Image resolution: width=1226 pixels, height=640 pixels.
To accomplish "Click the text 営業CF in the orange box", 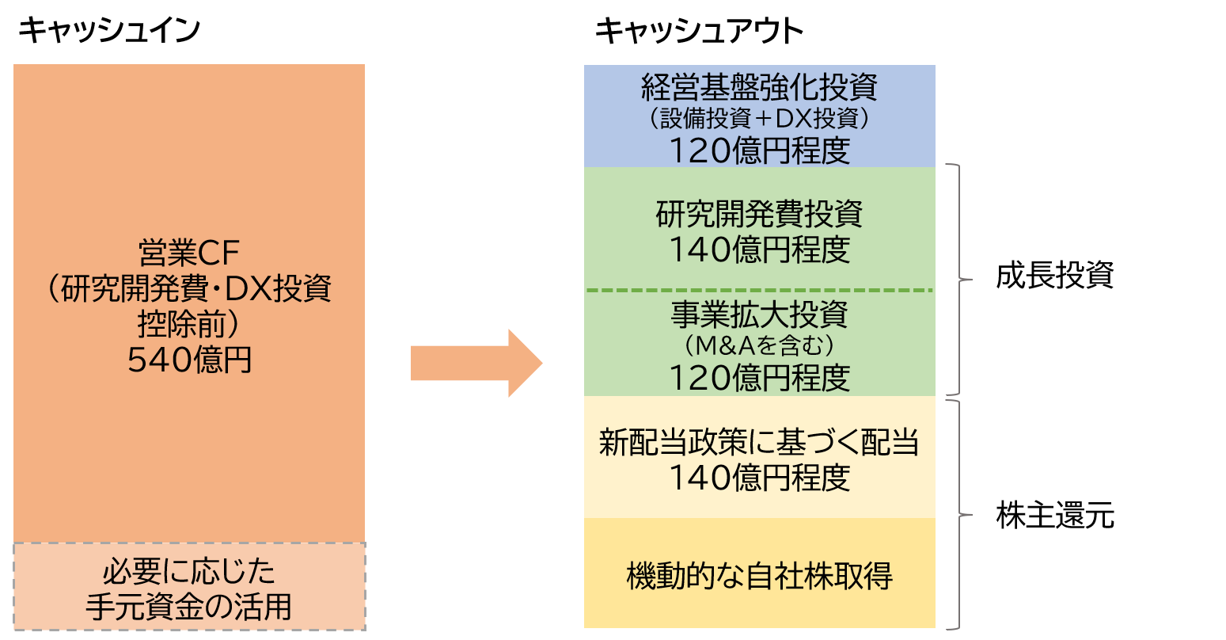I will tap(188, 255).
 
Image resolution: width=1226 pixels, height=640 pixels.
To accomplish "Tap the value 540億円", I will tap(189, 360).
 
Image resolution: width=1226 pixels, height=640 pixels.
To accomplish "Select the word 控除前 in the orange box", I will tap(188, 326).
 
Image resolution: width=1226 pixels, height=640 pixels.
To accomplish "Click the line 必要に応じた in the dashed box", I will tap(188, 573).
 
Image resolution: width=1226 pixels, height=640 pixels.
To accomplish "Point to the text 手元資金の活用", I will tap(188, 607).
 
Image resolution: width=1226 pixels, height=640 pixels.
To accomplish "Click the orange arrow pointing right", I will tap(476, 364).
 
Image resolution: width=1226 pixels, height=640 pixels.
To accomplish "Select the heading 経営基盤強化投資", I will tap(759, 87).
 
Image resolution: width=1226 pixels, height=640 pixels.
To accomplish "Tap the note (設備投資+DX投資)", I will tap(759, 119).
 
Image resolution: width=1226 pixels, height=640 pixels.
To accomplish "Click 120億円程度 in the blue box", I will tap(759, 150).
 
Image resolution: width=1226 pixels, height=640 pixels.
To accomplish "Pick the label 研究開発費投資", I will tap(759, 215).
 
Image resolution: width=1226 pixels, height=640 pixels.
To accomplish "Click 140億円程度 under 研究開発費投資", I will tap(759, 250).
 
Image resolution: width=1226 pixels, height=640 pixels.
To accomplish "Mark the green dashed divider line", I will tap(759, 291).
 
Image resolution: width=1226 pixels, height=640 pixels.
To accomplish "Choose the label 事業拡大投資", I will tap(759, 315).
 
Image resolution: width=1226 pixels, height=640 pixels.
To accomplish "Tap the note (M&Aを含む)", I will tap(759, 346).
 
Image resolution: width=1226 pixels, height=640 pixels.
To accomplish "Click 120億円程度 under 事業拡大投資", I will tap(759, 378).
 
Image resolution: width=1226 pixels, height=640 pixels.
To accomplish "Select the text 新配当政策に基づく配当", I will tap(759, 443).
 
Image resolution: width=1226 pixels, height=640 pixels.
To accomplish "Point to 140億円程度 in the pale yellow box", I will tap(759, 478).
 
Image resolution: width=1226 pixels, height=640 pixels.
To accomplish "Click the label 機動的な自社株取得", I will tap(759, 576).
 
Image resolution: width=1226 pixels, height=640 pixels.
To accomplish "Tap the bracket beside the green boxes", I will tap(959, 280).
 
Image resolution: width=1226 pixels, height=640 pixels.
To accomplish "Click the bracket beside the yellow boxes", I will tap(959, 515).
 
